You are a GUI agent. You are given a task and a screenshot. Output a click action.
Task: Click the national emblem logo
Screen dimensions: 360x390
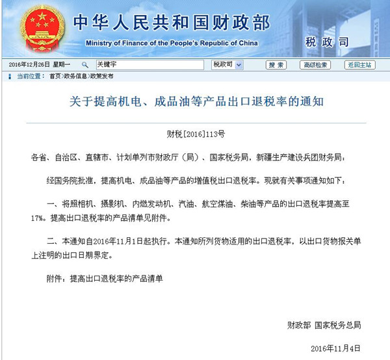[40, 29]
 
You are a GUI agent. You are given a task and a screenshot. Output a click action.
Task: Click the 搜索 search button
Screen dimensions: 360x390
[276, 65]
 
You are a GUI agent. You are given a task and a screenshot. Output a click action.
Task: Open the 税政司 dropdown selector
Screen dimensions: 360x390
[227, 65]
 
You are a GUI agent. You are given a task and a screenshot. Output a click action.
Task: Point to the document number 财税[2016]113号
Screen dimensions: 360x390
[196, 135]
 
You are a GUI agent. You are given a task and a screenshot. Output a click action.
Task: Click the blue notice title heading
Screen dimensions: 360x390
[196, 102]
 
